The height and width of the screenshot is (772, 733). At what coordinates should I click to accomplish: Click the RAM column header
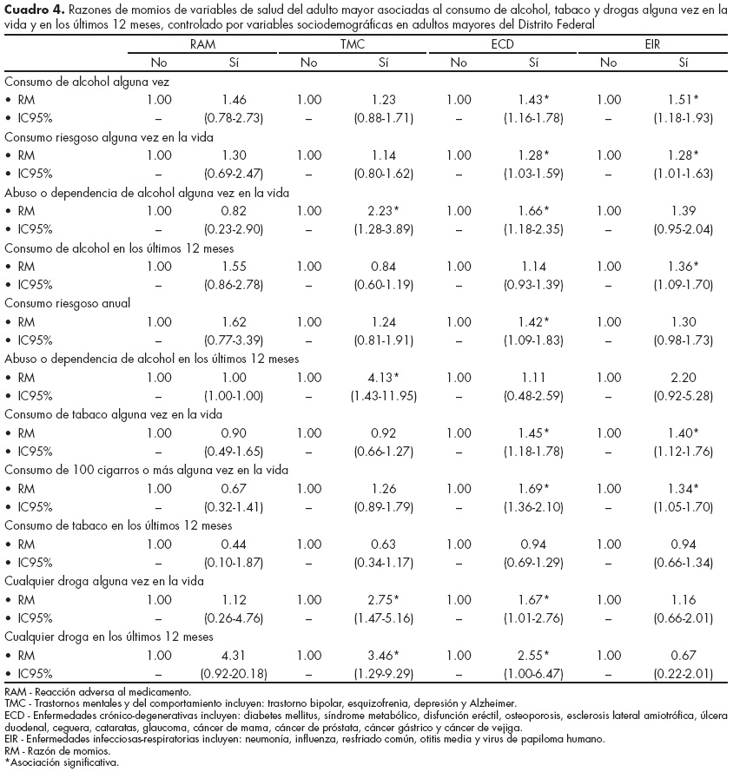[203, 44]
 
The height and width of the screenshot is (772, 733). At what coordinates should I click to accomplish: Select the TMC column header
[353, 44]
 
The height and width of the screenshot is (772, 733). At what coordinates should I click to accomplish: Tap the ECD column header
[504, 44]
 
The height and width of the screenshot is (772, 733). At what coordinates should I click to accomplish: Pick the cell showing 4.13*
[384, 378]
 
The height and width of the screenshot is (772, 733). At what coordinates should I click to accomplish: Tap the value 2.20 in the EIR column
[683, 378]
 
